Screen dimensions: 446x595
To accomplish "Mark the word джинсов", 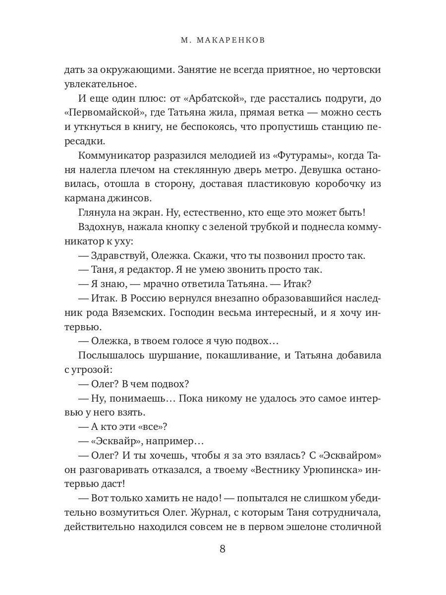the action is tap(148, 198).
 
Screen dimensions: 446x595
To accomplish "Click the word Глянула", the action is tap(99, 213).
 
